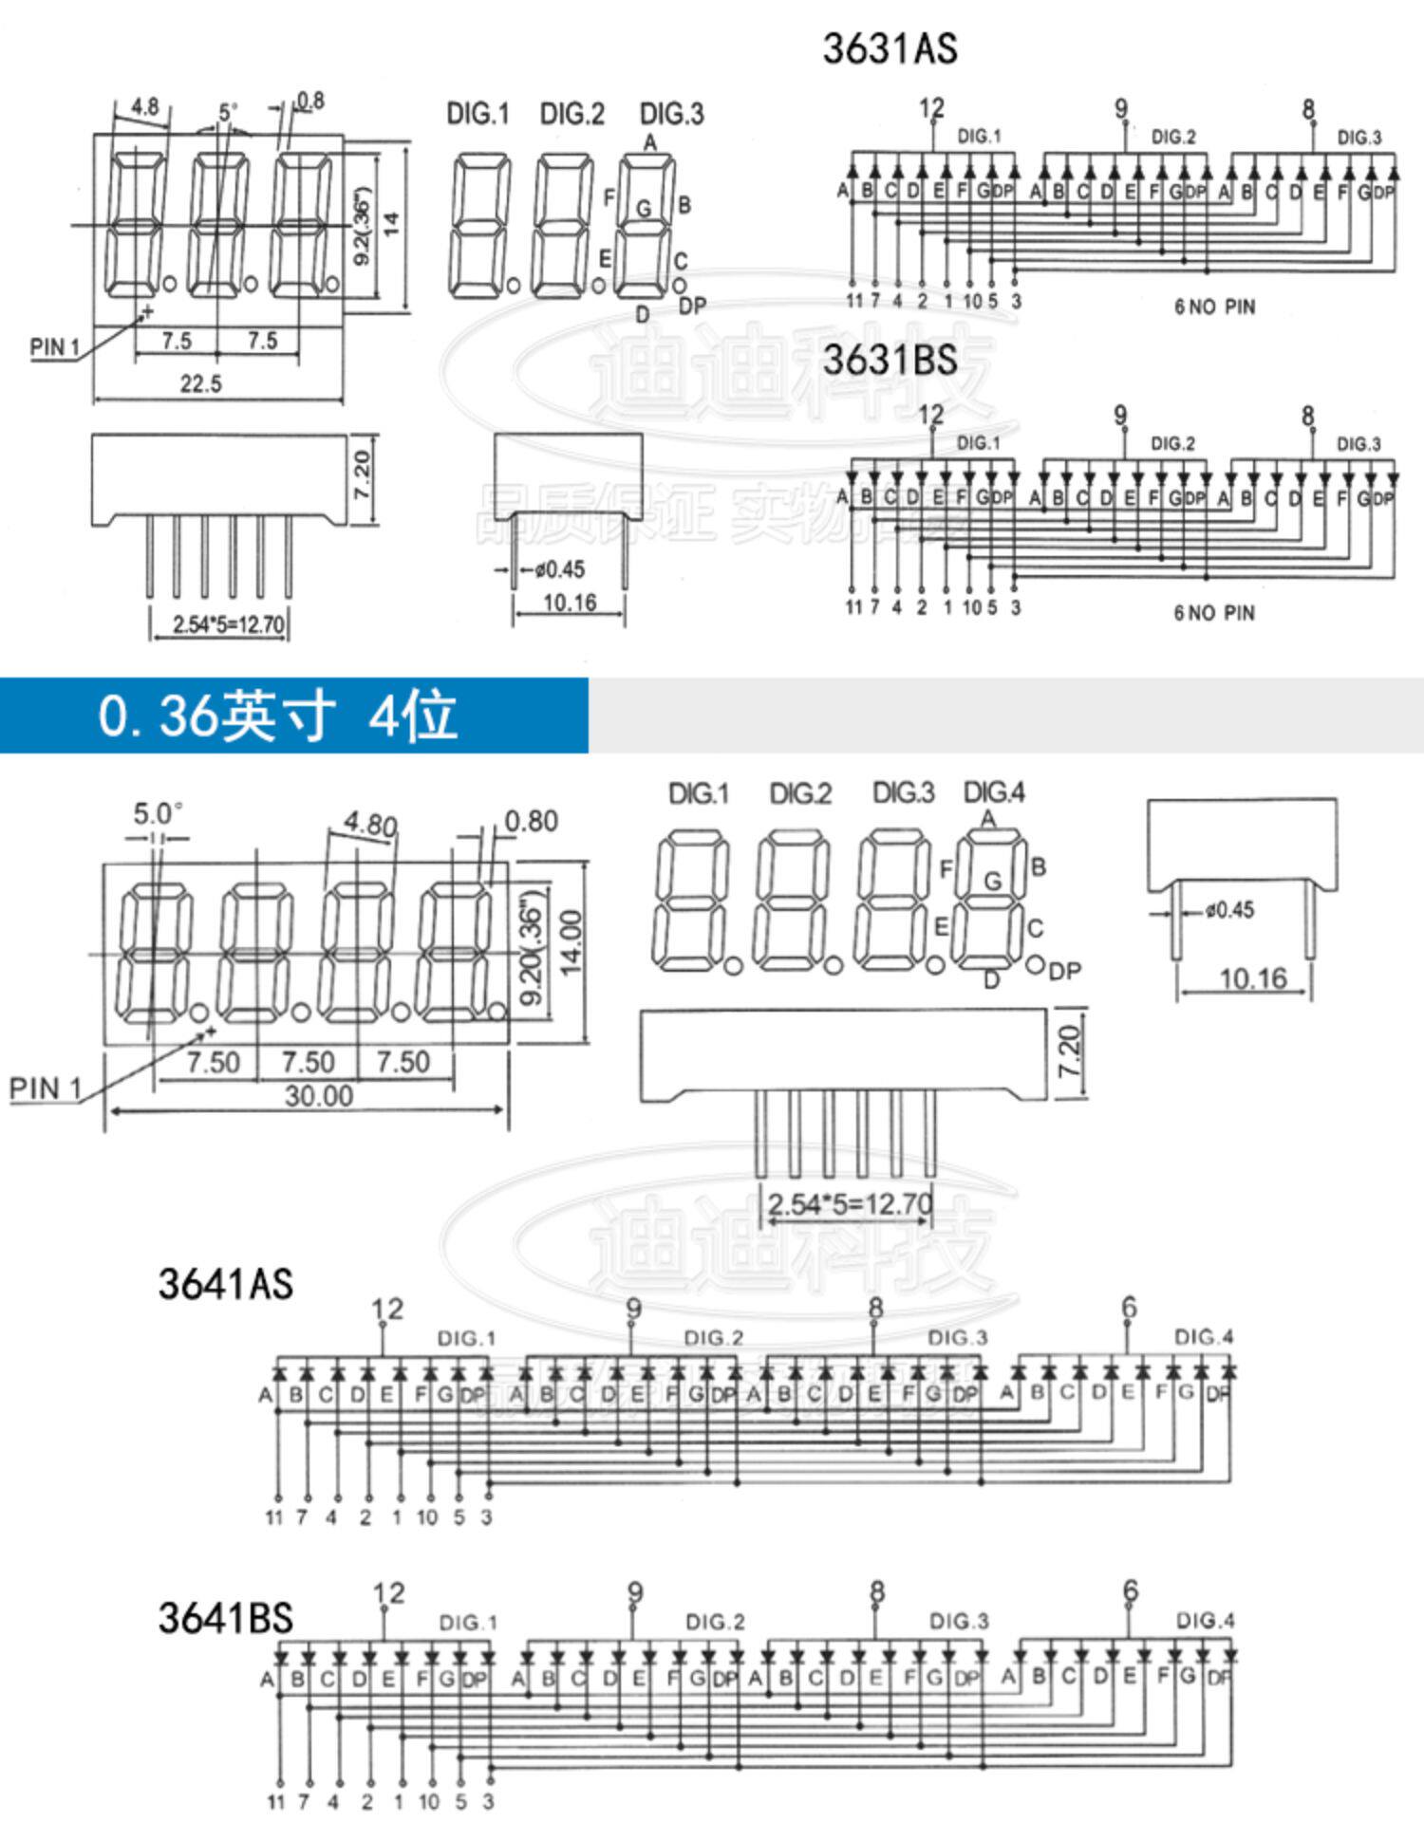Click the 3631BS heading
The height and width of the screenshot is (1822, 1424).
click(x=890, y=361)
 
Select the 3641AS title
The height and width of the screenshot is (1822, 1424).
click(x=226, y=1285)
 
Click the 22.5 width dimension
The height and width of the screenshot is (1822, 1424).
click(x=201, y=383)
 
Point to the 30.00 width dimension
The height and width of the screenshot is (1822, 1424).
click(x=319, y=1096)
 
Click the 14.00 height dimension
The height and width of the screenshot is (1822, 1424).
click(x=570, y=942)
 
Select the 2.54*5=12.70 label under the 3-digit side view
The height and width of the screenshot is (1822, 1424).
click(x=228, y=625)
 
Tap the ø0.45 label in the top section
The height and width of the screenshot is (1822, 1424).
click(x=559, y=570)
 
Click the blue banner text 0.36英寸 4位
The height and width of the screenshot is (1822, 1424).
click(x=278, y=716)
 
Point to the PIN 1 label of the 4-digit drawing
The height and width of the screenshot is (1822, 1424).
click(x=46, y=1088)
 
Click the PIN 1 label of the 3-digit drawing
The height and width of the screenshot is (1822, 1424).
click(x=54, y=347)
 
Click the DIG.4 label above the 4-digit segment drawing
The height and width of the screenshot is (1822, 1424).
click(x=994, y=792)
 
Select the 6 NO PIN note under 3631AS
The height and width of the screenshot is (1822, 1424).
click(x=1214, y=307)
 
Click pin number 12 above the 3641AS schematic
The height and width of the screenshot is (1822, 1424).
click(x=387, y=1310)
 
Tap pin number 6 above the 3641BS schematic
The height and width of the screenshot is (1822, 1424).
click(x=1130, y=1590)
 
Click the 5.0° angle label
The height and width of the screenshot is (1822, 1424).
click(x=158, y=814)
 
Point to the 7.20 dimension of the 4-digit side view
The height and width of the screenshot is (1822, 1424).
click(x=1069, y=1050)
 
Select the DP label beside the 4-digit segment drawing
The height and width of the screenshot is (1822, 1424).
click(x=1065, y=971)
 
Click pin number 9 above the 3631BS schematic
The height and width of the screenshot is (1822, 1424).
click(x=1120, y=416)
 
